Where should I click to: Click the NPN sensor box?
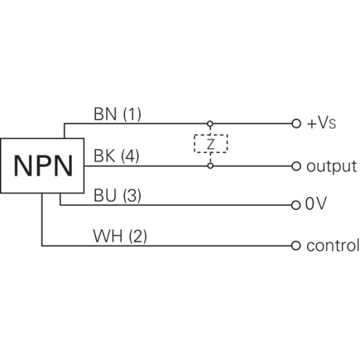[43, 165]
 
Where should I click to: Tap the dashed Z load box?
[211, 144]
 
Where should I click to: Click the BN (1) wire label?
[117, 114]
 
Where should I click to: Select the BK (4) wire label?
[116, 156]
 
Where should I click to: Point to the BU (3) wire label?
[117, 196]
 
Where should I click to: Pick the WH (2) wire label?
[120, 236]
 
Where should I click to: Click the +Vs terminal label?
[322, 124]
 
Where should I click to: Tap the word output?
[331, 166]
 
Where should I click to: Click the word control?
[332, 245]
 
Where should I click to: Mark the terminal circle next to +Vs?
[296, 124]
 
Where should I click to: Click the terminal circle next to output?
[296, 166]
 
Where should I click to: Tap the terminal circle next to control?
[296, 245]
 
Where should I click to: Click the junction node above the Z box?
[211, 124]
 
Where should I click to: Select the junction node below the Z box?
[211, 166]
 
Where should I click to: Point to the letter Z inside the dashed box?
[211, 144]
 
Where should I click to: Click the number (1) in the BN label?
[131, 114]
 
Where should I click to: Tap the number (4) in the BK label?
[130, 156]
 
